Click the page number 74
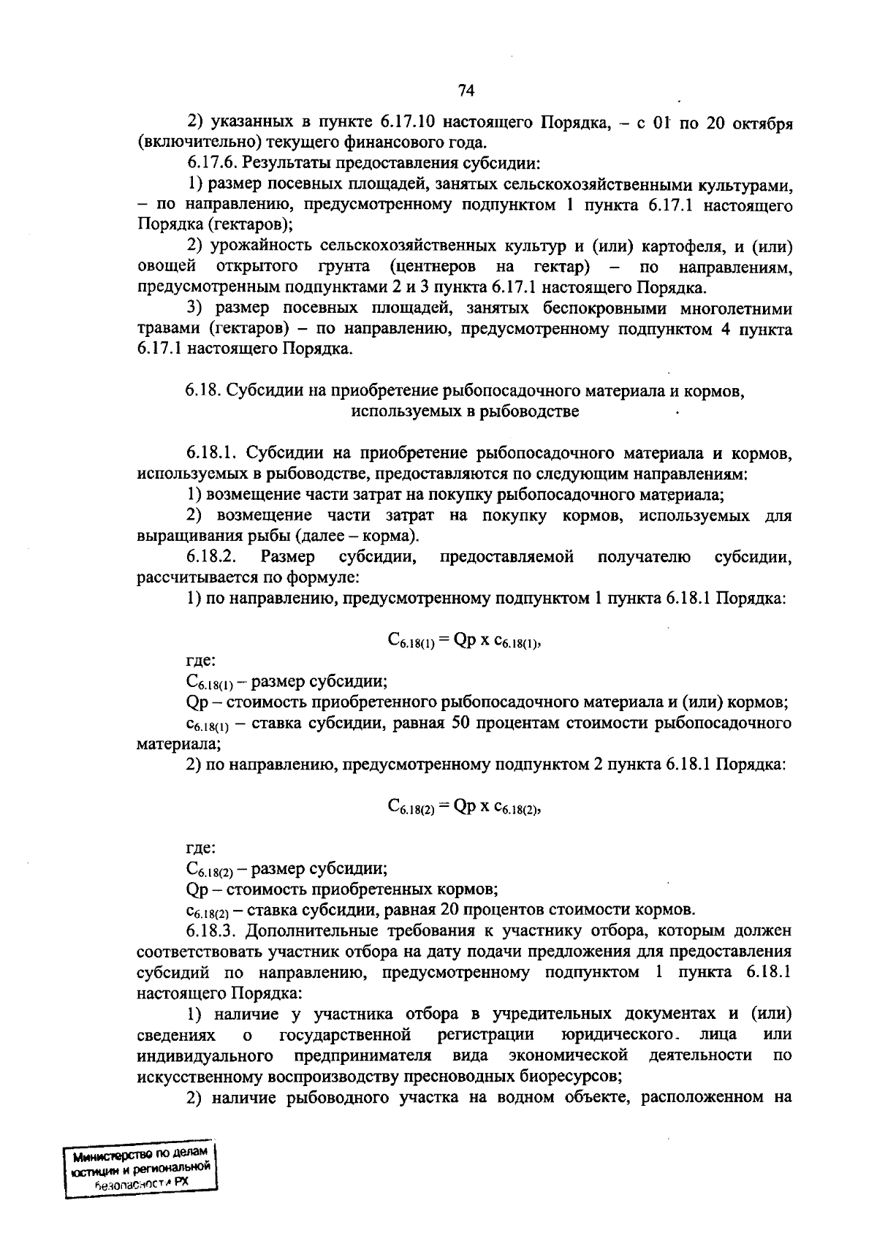pyautogui.click(x=466, y=90)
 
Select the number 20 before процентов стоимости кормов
pyautogui.click(x=447, y=910)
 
